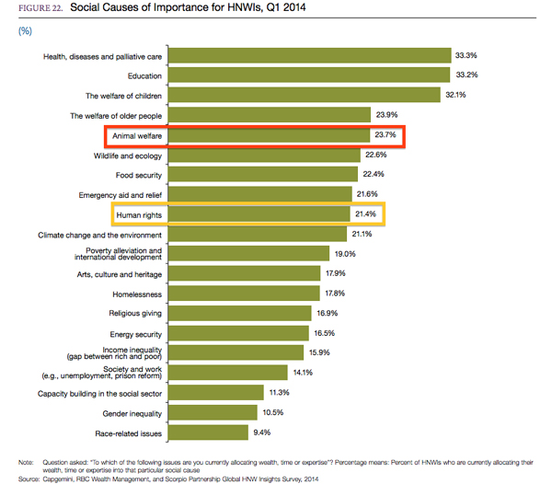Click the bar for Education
[x=311, y=75]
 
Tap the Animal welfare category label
[x=138, y=136]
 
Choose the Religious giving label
[x=136, y=314]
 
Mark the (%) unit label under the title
[x=25, y=30]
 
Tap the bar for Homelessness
[x=244, y=294]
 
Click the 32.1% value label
[x=456, y=96]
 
